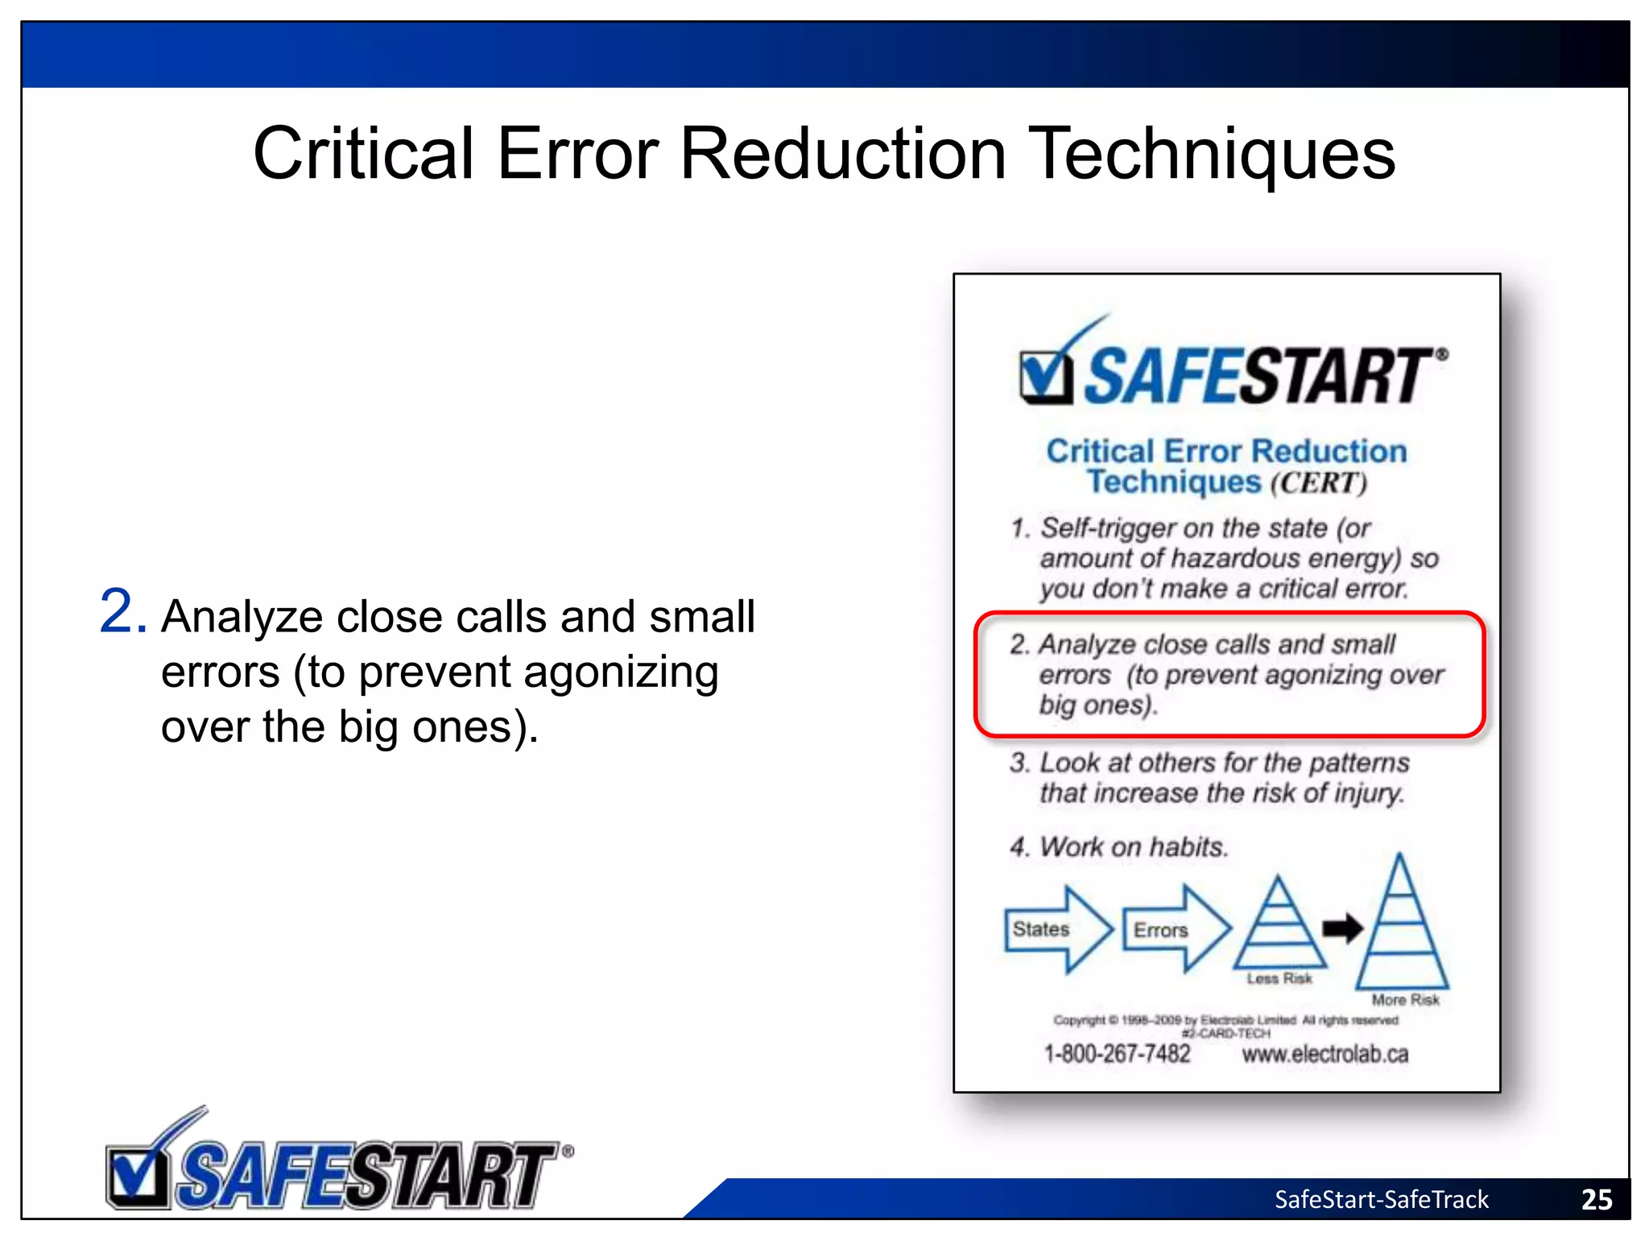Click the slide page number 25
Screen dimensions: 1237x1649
pos(1596,1199)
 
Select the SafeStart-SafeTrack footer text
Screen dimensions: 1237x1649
pos(1381,1199)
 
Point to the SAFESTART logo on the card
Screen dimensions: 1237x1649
pos(1232,370)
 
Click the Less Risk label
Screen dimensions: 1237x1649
pos(1279,978)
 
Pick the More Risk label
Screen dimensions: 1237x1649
pos(1405,999)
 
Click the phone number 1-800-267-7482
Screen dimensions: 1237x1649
pos(1117,1053)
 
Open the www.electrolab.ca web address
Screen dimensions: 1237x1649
pos(1325,1053)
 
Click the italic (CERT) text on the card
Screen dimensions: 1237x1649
pos(1319,483)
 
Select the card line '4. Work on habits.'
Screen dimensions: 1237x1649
pos(1119,846)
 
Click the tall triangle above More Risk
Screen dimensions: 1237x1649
pos(1401,926)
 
